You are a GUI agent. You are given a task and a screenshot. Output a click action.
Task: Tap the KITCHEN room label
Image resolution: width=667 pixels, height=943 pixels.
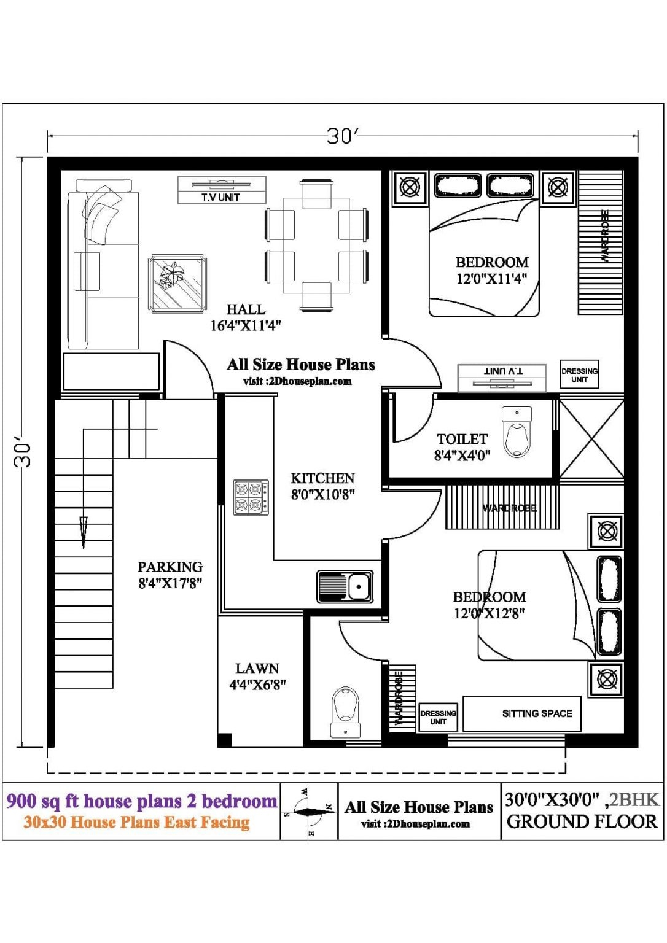pyautogui.click(x=322, y=478)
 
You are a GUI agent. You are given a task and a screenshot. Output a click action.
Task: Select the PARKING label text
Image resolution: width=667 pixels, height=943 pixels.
pyautogui.click(x=170, y=567)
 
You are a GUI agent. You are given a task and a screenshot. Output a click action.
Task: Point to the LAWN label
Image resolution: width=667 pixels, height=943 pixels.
pyautogui.click(x=257, y=669)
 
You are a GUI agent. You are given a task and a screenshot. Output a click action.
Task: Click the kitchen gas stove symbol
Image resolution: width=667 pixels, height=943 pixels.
pyautogui.click(x=251, y=497)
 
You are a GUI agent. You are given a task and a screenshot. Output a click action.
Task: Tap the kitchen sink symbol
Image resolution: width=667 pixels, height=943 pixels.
pyautogui.click(x=345, y=587)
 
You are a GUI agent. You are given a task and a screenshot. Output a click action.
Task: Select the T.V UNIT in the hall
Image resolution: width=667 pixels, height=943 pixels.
pyautogui.click(x=222, y=190)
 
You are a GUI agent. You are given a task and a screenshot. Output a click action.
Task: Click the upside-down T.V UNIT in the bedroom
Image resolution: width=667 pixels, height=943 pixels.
pyautogui.click(x=502, y=377)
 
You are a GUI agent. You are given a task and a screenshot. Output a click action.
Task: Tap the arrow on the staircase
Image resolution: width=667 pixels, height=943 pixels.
pyautogui.click(x=84, y=532)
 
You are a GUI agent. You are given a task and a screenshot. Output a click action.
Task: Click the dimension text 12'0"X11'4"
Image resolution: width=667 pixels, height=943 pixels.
pyautogui.click(x=491, y=279)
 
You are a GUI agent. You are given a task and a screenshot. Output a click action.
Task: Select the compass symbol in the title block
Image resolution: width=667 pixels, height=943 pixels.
pyautogui.click(x=309, y=812)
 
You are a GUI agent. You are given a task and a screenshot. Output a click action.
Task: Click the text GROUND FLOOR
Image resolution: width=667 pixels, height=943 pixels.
pyautogui.click(x=582, y=821)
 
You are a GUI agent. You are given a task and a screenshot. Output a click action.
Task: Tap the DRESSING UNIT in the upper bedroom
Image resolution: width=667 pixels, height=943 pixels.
pyautogui.click(x=579, y=374)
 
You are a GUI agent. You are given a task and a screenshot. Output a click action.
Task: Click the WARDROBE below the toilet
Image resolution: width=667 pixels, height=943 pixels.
pyautogui.click(x=502, y=507)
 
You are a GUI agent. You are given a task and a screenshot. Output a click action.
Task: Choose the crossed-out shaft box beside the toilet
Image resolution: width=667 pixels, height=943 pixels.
pyautogui.click(x=591, y=438)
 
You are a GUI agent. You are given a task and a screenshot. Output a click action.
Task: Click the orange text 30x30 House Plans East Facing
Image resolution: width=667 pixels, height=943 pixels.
pyautogui.click(x=136, y=823)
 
